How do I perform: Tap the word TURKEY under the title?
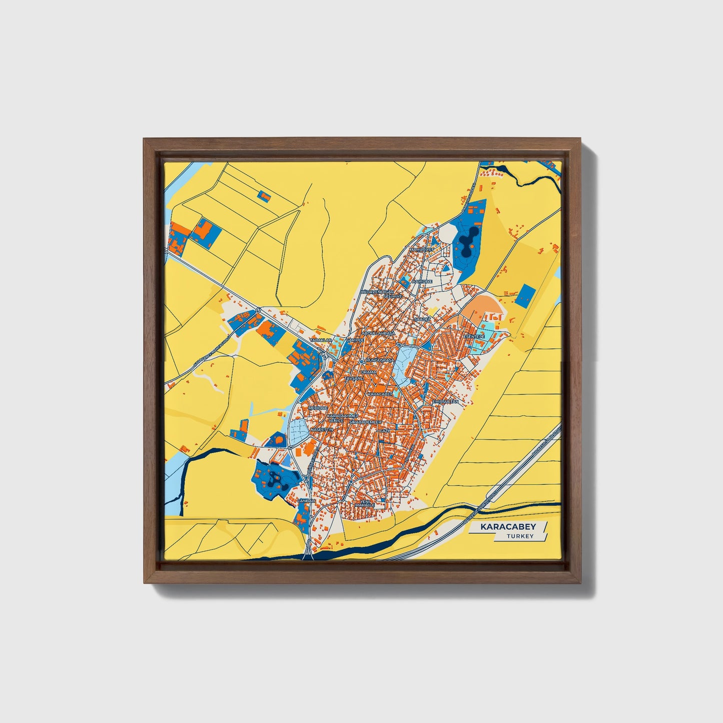520,536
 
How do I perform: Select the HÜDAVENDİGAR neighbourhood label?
377,291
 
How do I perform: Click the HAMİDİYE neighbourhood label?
421,281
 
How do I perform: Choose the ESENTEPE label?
474,337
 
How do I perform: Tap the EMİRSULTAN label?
445,401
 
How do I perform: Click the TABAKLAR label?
321,340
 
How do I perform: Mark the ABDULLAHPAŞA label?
378,333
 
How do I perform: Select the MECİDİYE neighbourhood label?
317,408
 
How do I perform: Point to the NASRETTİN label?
321,429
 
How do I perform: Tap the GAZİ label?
384,430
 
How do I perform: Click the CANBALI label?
307,500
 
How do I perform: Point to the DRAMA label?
368,372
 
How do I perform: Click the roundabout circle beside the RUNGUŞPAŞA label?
361,361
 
